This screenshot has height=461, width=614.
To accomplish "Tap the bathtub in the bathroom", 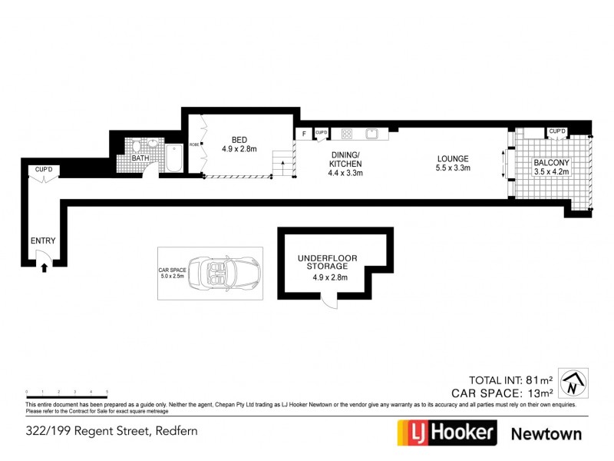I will click(173, 159).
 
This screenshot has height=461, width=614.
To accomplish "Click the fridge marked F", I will click(304, 134).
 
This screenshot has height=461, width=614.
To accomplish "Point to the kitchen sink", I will click(371, 133).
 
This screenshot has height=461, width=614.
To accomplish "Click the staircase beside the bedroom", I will click(283, 162).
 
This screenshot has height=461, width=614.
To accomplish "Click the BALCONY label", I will click(552, 162).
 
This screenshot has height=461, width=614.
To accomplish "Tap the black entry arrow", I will click(45, 267).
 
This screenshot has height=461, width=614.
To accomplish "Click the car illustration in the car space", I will click(225, 274).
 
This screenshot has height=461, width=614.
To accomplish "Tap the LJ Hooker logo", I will click(446, 433).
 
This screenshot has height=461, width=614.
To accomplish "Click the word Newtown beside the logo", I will click(546, 433).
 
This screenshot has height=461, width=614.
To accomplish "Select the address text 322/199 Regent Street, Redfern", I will click(113, 430).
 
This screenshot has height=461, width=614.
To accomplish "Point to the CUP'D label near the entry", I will click(41, 169).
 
